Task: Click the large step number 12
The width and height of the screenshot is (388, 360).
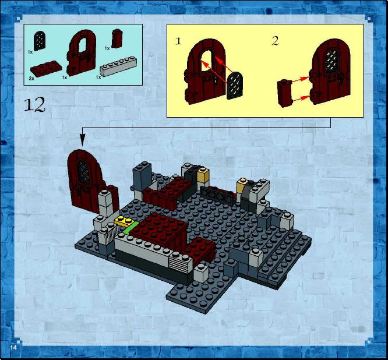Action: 34,104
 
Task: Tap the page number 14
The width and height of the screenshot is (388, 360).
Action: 13,347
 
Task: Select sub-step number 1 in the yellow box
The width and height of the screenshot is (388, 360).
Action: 178,41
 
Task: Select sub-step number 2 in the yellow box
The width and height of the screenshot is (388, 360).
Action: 275,41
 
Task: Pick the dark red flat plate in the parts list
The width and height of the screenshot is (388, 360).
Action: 46,68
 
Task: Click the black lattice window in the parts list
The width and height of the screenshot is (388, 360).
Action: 40,41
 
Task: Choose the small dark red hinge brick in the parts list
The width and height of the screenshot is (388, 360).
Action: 117,38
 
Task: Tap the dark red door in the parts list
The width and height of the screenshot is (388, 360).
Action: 82,52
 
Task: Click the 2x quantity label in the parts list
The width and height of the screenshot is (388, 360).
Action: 31,79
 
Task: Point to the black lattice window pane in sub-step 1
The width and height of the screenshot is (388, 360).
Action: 235,86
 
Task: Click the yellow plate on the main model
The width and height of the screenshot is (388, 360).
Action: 124,221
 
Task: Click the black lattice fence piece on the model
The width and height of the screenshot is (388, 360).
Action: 217,196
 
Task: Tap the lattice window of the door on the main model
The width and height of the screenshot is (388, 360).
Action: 84,172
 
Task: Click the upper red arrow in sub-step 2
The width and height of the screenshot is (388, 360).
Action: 301,79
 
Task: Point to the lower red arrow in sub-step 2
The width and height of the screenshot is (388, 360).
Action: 301,98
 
